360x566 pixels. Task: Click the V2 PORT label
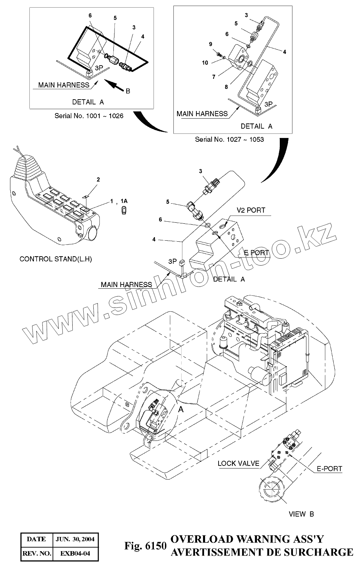(x=251, y=210)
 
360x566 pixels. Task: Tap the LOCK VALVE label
(x=238, y=463)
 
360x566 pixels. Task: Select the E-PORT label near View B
(x=329, y=469)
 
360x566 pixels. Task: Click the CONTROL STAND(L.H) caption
(x=56, y=259)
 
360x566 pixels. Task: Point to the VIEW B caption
(x=301, y=514)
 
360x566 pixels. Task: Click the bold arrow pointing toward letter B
(x=114, y=85)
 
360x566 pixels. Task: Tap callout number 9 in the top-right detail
(x=210, y=44)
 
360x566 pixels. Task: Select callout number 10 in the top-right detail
(x=205, y=63)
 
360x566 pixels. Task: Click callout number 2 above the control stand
(x=98, y=179)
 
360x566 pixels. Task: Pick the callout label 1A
(x=124, y=201)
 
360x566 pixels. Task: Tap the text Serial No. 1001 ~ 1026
(x=89, y=115)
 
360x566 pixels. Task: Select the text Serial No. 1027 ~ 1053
(x=229, y=139)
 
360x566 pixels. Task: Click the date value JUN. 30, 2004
(x=75, y=539)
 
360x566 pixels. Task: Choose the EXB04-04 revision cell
(x=75, y=553)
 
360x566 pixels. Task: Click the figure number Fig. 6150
(x=145, y=546)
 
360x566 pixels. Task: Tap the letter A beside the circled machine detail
(x=181, y=409)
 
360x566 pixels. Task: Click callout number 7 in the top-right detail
(x=214, y=77)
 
